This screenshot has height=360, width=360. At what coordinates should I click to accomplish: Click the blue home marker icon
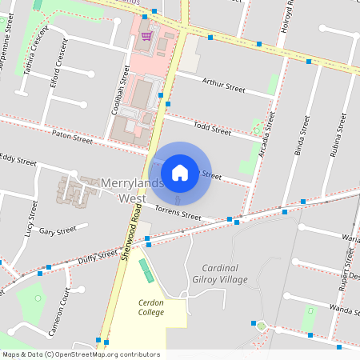pos(180,172)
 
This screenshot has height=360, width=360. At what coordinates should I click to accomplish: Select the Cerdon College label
pos(151,307)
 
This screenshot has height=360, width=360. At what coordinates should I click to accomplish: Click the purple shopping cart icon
pos(146,35)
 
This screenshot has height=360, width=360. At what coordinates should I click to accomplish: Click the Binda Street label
pos(302,136)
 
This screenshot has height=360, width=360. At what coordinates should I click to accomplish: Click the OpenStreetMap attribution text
pos(81,354)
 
